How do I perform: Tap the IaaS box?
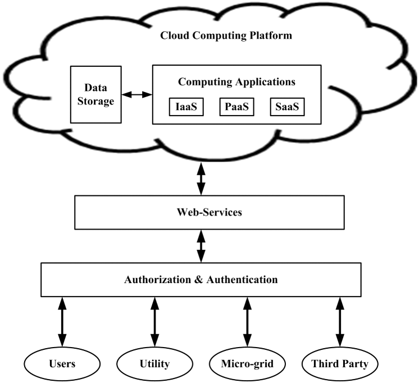[186, 107]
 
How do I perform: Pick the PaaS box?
[236, 107]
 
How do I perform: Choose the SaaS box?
[287, 107]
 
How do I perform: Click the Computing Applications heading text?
[236, 81]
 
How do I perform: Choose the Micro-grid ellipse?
[246, 364]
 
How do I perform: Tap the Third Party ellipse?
[339, 364]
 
